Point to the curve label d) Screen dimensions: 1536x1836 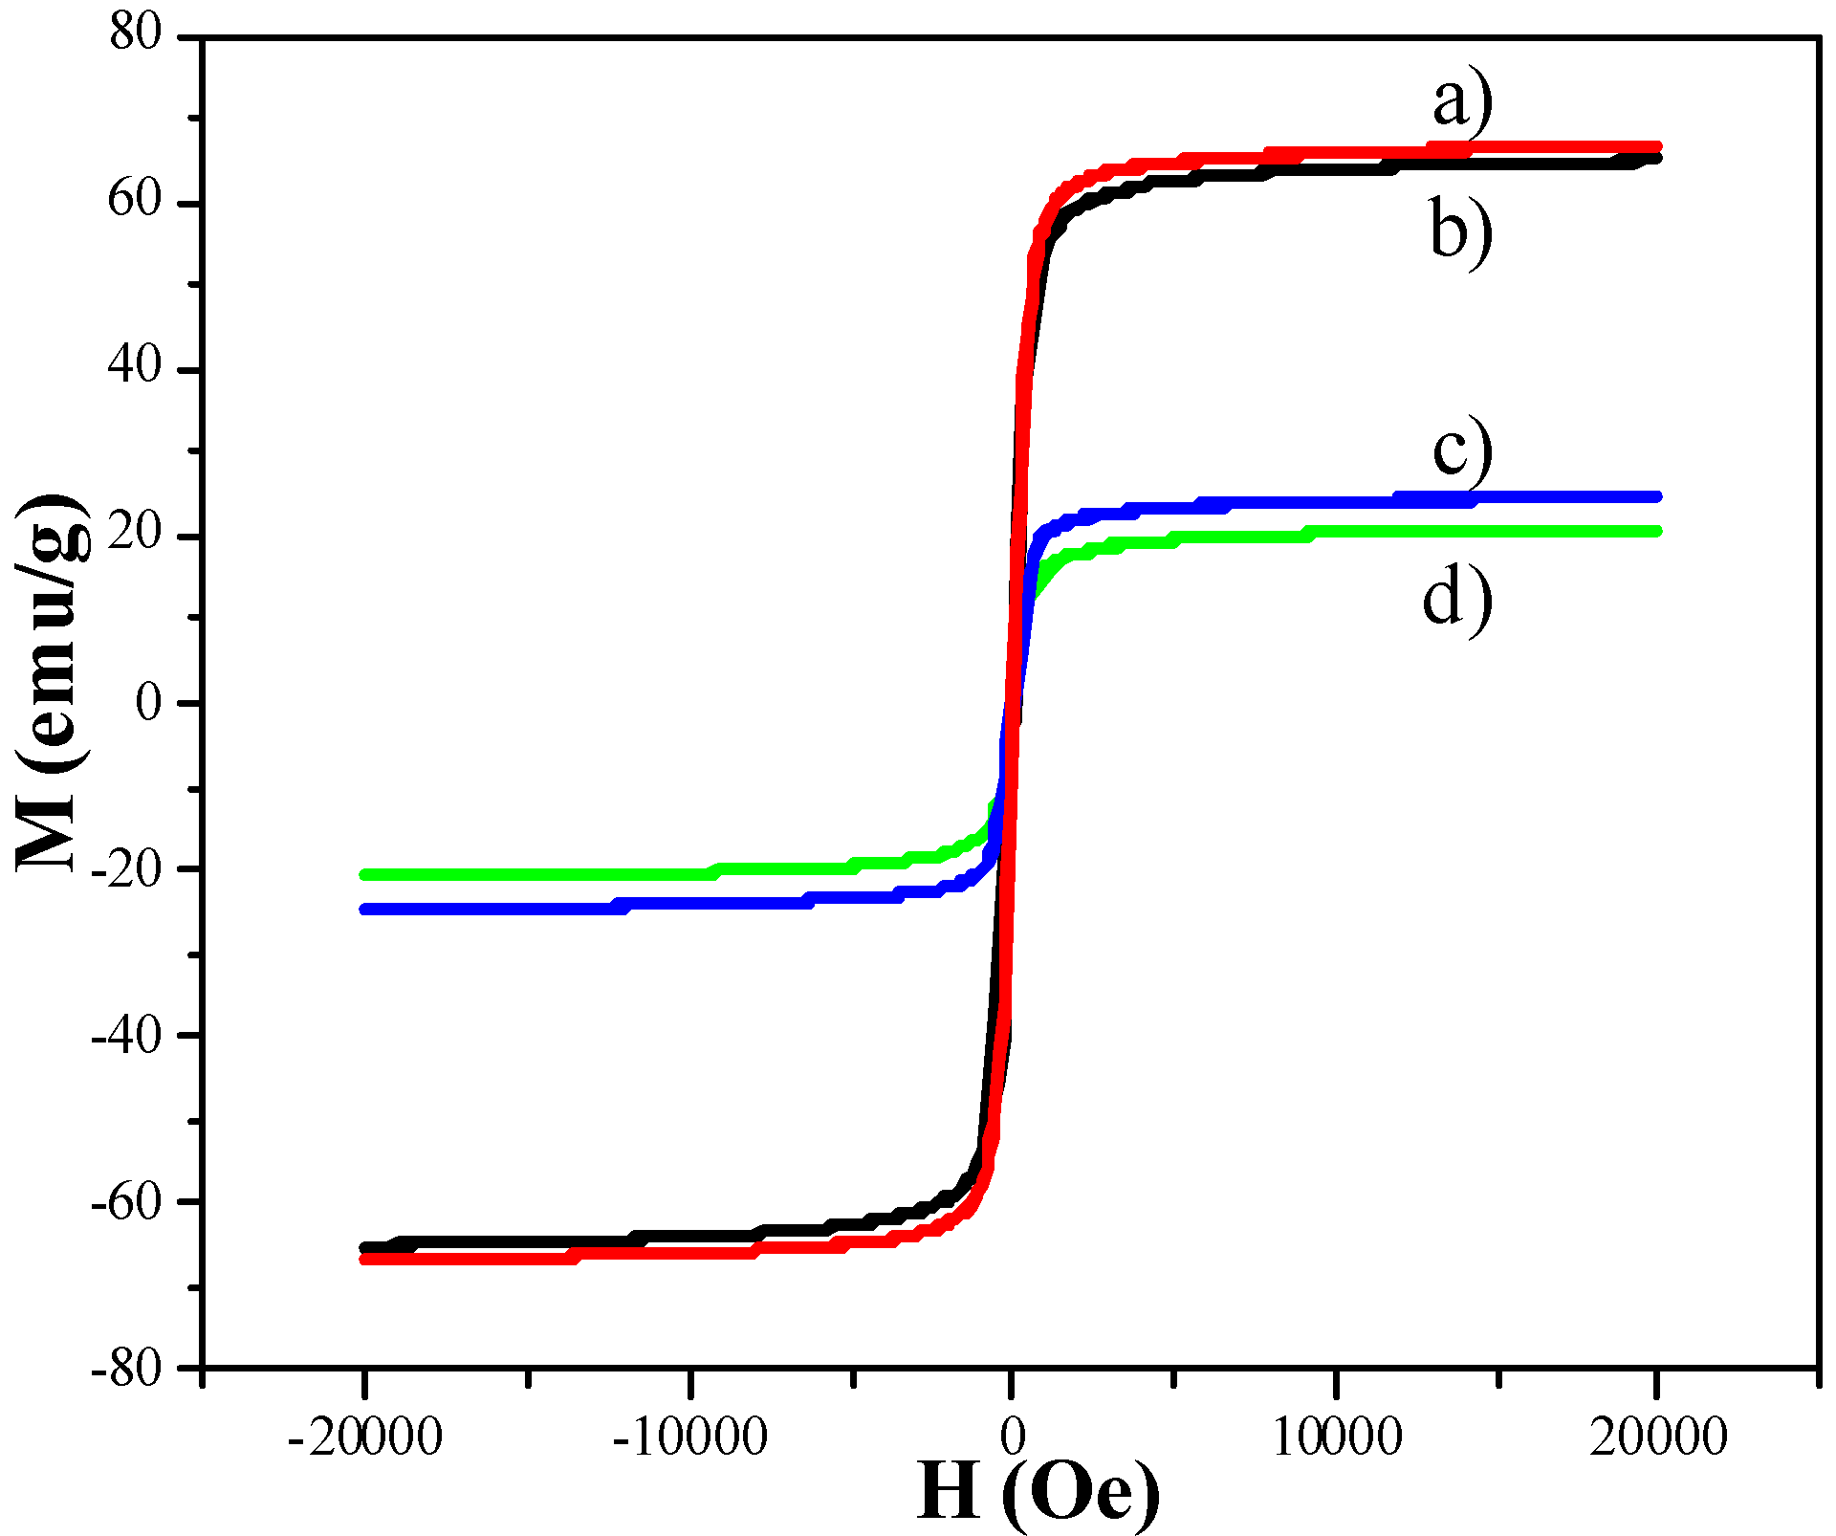click(x=1457, y=599)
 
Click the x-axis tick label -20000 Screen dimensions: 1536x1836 click(x=364, y=1437)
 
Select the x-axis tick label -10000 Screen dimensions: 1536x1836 click(x=689, y=1437)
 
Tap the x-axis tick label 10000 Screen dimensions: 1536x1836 click(x=1336, y=1437)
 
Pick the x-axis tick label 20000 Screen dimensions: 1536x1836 click(x=1657, y=1437)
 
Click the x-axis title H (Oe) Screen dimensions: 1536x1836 click(x=1038, y=1493)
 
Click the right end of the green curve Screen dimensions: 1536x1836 click(x=1655, y=531)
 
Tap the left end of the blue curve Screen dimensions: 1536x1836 click(x=365, y=909)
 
